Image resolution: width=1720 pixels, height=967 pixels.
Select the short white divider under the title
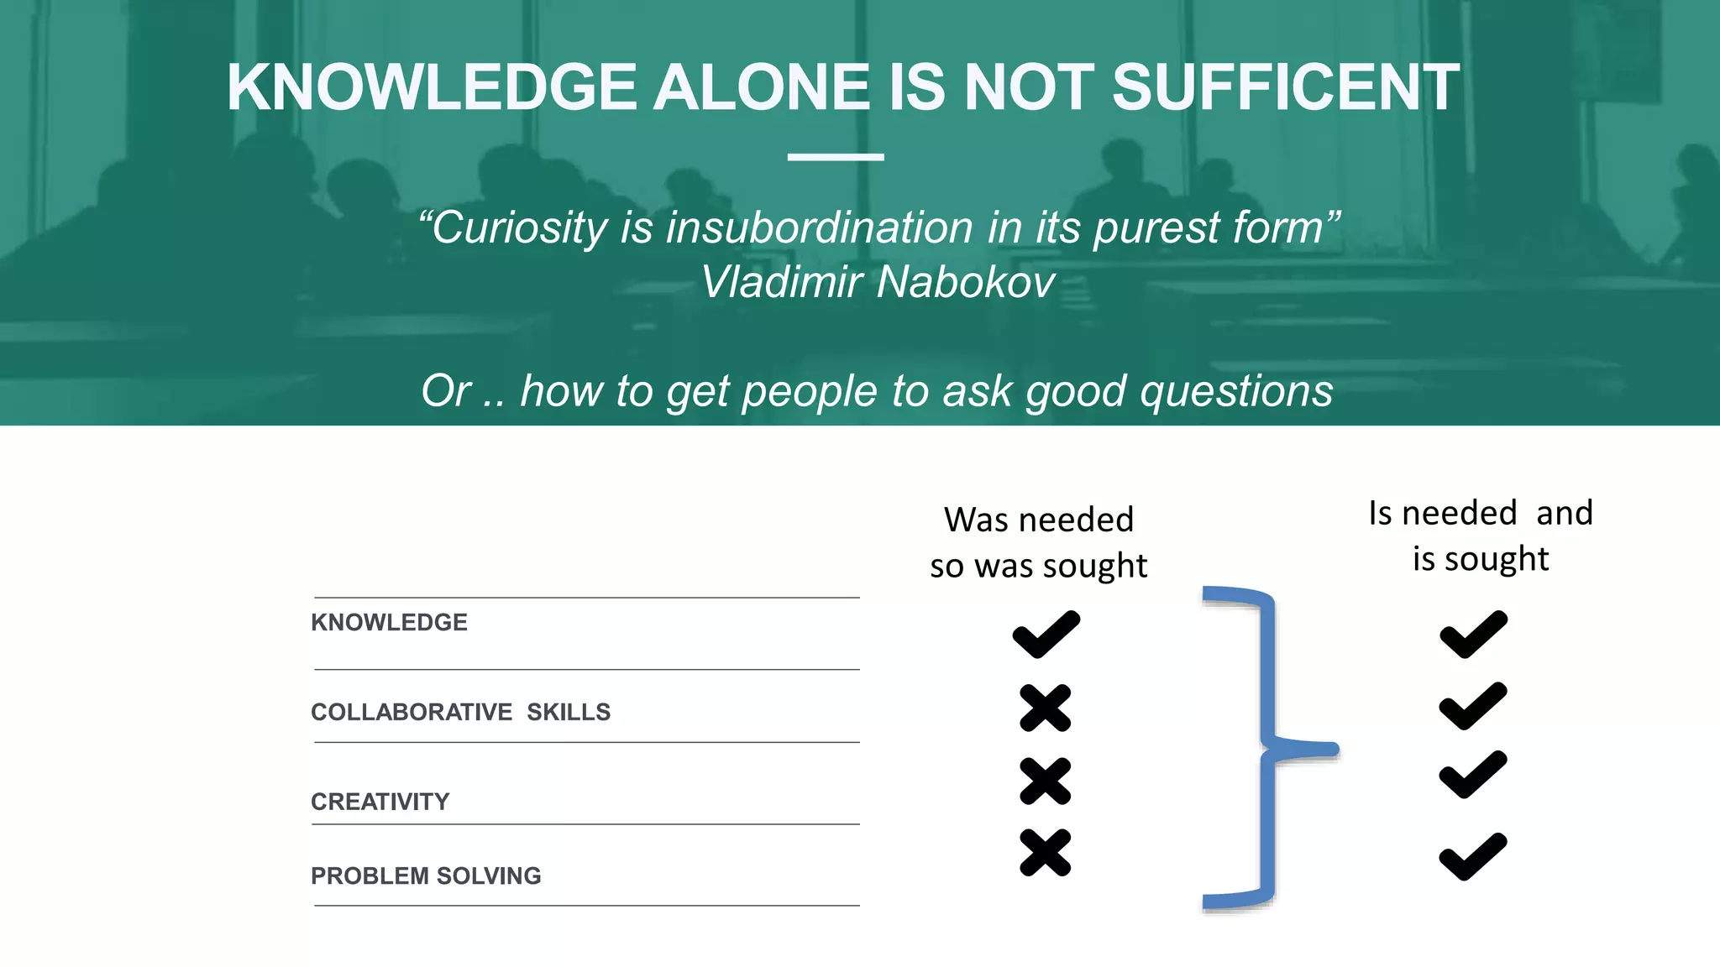836,157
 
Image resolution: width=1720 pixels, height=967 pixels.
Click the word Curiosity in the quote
520,227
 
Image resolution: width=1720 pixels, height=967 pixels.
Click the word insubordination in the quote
820,227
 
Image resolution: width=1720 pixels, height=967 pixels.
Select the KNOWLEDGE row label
389,622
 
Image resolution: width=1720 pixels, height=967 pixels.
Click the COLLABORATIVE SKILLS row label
460,712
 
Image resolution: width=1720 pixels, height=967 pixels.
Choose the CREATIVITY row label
380,802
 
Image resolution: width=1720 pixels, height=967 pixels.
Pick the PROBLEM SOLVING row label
426,876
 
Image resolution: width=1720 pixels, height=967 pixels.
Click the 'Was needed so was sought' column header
1039,542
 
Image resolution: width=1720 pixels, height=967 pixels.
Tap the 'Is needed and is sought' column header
1481,536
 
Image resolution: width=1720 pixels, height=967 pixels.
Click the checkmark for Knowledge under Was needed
1046,635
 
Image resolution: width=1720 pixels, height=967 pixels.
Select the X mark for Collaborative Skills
1046,708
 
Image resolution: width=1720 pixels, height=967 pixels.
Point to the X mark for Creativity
1046,781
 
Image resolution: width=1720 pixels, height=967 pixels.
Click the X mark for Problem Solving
1046,853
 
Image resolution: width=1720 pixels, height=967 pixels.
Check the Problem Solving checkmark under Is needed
1472,856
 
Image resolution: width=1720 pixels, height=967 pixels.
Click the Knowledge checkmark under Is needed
1473,635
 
